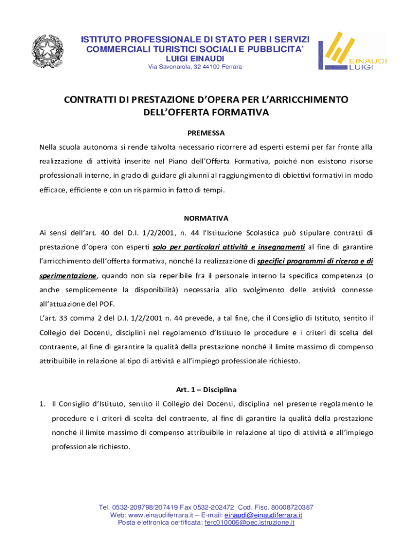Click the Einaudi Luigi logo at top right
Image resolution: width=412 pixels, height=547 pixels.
tap(352, 51)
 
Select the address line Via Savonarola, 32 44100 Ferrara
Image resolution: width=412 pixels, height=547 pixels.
tap(195, 67)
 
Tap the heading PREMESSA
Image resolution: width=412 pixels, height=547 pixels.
tap(206, 132)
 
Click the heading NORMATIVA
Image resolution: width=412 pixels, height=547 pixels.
tap(206, 218)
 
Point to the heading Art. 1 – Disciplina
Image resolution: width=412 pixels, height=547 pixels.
tap(206, 389)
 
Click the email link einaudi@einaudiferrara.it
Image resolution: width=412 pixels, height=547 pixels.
tap(263, 515)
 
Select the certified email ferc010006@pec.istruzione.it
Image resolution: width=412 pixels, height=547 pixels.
tap(249, 523)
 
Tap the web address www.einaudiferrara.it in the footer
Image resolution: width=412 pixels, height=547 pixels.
tap(161, 515)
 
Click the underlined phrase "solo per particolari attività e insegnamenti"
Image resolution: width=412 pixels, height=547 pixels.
tap(229, 247)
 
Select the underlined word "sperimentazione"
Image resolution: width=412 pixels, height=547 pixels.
tap(68, 276)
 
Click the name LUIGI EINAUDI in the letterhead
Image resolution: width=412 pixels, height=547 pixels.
tap(195, 58)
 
